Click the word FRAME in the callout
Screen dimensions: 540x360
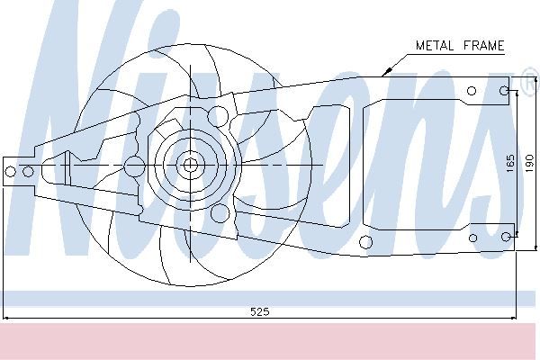(x=483, y=46)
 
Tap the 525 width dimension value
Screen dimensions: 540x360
(x=260, y=311)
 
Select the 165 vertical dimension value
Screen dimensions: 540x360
(x=510, y=163)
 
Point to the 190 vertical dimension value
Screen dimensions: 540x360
(x=529, y=163)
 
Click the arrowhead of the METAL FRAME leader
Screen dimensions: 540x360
(x=386, y=72)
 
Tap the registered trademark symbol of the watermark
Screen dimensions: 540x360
(x=531, y=82)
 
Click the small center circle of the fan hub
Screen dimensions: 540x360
(x=190, y=165)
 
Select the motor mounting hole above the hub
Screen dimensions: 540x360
(x=218, y=116)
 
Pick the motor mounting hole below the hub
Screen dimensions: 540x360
(x=220, y=213)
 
